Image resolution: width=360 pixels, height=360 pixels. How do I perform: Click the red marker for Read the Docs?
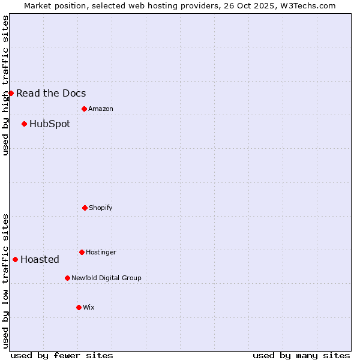tap(11, 93)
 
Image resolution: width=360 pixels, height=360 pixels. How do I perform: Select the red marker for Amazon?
tap(84, 109)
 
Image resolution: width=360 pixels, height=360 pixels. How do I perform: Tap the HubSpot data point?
tap(24, 124)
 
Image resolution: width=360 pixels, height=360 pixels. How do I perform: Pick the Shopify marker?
tap(85, 208)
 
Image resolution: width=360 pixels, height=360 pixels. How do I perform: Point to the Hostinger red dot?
tap(82, 252)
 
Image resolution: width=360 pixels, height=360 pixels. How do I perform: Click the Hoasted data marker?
tap(15, 259)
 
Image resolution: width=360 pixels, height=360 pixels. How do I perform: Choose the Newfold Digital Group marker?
tap(67, 278)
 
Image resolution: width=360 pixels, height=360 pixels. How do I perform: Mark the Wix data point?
tap(79, 307)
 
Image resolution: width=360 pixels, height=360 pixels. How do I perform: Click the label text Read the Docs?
tap(51, 93)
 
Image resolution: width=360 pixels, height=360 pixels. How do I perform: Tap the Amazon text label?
tap(101, 109)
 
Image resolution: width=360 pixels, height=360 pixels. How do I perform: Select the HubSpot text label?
tap(50, 124)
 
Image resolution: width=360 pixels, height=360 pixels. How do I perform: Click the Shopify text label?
tap(101, 208)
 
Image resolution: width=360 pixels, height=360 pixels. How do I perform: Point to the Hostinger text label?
tap(101, 252)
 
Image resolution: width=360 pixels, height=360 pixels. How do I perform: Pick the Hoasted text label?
tap(40, 259)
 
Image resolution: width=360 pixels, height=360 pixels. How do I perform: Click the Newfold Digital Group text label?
tap(106, 278)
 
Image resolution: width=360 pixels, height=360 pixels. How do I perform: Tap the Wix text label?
tap(88, 307)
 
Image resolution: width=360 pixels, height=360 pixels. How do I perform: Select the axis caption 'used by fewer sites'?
tap(62, 355)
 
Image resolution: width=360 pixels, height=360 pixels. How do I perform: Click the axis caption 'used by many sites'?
tap(301, 355)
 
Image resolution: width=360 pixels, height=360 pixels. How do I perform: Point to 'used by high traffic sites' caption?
tap(5, 85)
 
